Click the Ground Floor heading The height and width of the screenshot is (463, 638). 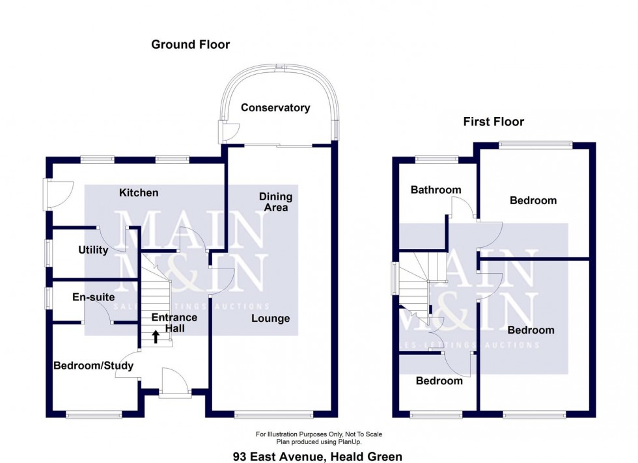tap(190, 44)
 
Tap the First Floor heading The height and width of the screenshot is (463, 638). tap(493, 122)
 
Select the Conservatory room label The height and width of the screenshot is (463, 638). tap(275, 108)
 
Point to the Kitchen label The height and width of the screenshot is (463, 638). tap(139, 192)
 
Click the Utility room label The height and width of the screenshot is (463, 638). tap(93, 250)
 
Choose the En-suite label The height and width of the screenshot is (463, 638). tap(89, 297)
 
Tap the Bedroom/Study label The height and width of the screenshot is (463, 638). tap(93, 365)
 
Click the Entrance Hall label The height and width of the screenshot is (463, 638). tap(174, 323)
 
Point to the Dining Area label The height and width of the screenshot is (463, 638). tap(275, 202)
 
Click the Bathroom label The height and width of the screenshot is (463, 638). tap(436, 190)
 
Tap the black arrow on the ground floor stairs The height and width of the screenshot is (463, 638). tap(156, 336)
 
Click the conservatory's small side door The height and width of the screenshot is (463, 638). tap(226, 132)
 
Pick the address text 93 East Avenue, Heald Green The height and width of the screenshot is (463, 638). tap(318, 456)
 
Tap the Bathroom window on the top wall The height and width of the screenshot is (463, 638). tap(437, 158)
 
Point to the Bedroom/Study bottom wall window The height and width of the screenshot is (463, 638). tap(93, 414)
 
